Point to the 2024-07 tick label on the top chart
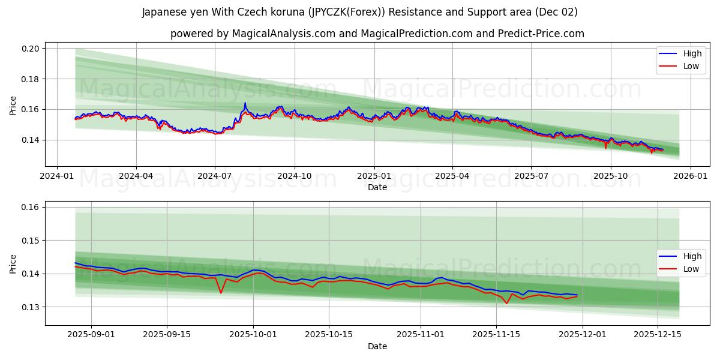215,176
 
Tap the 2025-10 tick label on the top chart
611,176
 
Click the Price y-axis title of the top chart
13,105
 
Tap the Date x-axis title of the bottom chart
377,346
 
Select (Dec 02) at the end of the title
557,12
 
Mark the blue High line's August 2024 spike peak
245,103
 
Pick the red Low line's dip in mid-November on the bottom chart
506,303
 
